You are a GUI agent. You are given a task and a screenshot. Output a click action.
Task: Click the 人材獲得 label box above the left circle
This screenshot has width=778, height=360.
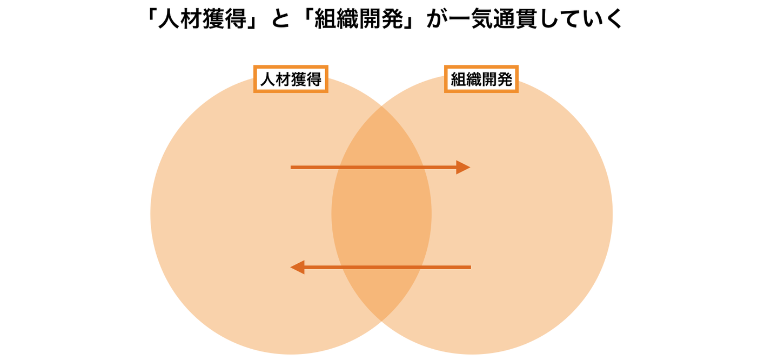(291, 79)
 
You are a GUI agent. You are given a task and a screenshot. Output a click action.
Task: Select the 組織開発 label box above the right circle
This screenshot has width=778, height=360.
(481, 79)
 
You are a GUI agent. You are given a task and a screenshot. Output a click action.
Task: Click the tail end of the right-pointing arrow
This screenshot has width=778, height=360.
(291, 167)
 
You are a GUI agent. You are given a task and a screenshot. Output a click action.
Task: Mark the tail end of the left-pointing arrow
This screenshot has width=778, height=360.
(471, 267)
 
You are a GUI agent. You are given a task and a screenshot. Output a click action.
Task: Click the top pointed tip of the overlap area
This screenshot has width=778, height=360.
(381, 106)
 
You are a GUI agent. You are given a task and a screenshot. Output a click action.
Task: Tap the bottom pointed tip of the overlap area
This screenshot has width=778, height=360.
(381, 321)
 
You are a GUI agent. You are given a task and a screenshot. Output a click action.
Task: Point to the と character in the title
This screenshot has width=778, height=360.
(280, 19)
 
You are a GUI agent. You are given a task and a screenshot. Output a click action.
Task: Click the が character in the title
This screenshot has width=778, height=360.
(437, 19)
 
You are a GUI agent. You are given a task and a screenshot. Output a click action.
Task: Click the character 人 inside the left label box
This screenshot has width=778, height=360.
(268, 79)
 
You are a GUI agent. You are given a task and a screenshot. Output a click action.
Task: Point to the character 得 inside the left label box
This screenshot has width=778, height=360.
(314, 79)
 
